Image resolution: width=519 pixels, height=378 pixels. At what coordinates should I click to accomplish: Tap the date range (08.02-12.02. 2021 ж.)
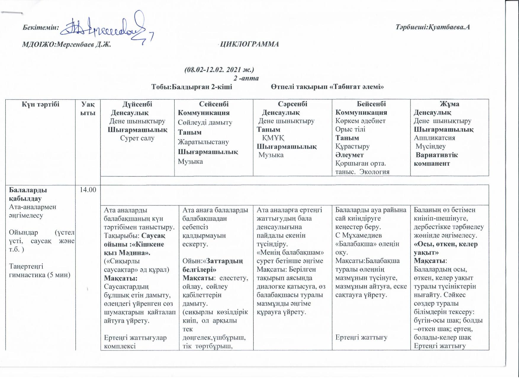[219, 70]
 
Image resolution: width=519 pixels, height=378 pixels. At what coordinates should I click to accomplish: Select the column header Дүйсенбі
[137, 104]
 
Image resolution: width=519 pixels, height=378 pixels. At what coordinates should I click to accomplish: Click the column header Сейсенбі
[214, 104]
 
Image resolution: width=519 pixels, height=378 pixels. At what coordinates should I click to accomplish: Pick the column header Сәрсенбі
[293, 104]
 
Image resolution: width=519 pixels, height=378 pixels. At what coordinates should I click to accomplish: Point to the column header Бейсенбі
[371, 104]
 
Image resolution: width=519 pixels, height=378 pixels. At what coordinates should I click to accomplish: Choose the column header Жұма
[449, 104]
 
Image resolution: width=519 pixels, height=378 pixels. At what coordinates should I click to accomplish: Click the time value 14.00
[88, 190]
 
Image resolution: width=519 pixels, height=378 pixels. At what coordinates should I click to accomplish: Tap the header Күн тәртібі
[41, 104]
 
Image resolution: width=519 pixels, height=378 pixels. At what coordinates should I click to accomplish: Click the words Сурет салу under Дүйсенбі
[137, 138]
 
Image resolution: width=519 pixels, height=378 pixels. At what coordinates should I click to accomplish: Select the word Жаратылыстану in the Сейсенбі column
[203, 142]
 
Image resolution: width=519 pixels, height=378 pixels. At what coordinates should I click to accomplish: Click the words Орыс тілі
[350, 129]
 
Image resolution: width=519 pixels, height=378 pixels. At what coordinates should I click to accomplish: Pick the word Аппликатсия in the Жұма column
[434, 138]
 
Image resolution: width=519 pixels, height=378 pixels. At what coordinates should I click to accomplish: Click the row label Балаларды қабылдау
[28, 194]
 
